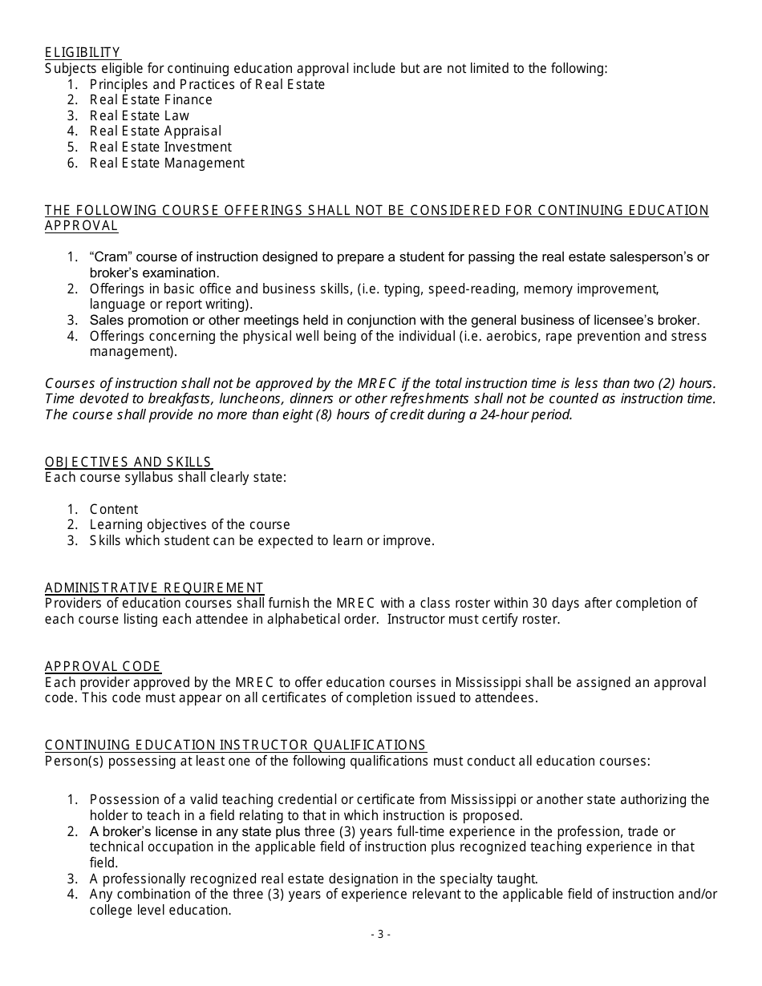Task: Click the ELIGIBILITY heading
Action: coord(83,53)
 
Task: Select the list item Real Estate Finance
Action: coord(151,100)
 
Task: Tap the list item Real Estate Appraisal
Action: coord(156,131)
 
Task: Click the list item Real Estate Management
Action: coord(167,163)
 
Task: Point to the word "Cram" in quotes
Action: coord(107,257)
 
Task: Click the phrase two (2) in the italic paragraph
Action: coord(656,383)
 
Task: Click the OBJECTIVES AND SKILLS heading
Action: coord(128,462)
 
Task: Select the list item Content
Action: coord(114,509)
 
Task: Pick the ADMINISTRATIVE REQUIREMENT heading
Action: coord(154,588)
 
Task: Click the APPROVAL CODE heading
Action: coord(103,666)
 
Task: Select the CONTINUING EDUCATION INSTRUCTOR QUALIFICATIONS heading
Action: coord(235,745)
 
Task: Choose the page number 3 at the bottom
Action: coord(380,934)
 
